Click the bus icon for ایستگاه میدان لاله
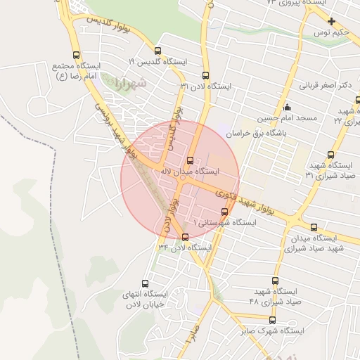click(x=190, y=160)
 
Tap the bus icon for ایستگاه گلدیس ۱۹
click(x=157, y=51)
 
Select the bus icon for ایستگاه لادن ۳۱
click(x=205, y=75)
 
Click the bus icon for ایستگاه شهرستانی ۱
click(x=224, y=211)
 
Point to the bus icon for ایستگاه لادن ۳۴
click(x=185, y=237)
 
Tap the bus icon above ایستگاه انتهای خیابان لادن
click(x=145, y=283)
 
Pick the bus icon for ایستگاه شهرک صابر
click(x=272, y=320)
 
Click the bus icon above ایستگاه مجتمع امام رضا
click(x=77, y=55)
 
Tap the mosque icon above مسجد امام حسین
click(x=287, y=108)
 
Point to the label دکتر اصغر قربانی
click(x=326, y=86)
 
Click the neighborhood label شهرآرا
click(x=128, y=84)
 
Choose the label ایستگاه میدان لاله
click(x=192, y=172)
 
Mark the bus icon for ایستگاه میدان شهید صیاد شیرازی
click(x=313, y=227)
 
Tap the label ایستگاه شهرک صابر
click(x=272, y=330)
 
